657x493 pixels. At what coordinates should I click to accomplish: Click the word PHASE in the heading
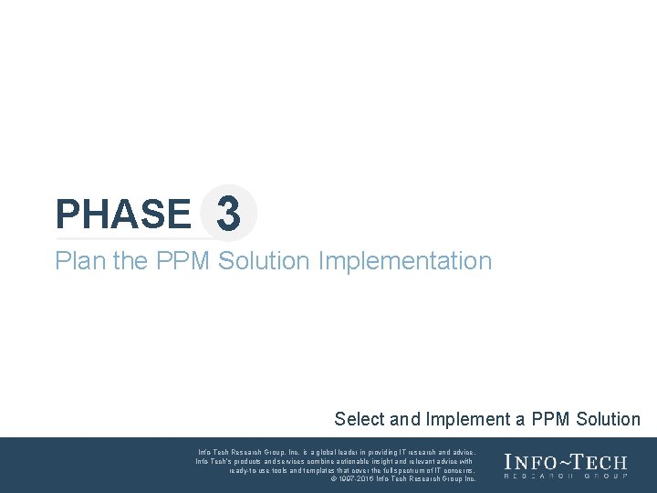tap(122, 215)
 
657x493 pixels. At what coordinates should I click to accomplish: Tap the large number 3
tap(228, 215)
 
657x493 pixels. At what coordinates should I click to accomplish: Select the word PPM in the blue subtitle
tap(183, 261)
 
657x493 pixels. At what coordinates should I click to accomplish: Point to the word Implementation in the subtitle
tap(405, 261)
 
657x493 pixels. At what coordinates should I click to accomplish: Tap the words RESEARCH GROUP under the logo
tap(566, 477)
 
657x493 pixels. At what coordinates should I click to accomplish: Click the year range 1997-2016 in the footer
tap(357, 478)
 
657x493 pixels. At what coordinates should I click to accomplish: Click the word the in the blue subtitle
tap(130, 261)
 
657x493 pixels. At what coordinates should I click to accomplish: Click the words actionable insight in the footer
tap(366, 461)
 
